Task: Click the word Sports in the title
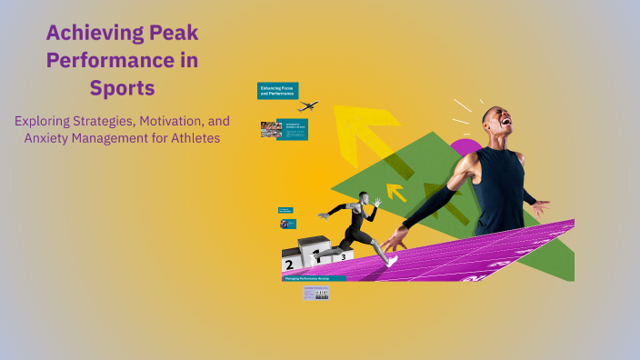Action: coord(123,89)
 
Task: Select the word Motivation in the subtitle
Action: coord(155,121)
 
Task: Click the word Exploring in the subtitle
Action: coord(45,121)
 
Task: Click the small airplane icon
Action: coord(307,106)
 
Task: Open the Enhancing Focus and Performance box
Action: coord(277,91)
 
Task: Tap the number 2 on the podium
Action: coord(289,265)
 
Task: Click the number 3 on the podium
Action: coord(343,257)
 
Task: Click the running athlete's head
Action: coord(365,197)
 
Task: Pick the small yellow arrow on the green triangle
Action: coord(395,191)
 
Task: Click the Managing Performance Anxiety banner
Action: coord(314,279)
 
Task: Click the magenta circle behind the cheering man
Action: coord(463,147)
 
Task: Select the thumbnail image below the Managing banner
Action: coord(315,293)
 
